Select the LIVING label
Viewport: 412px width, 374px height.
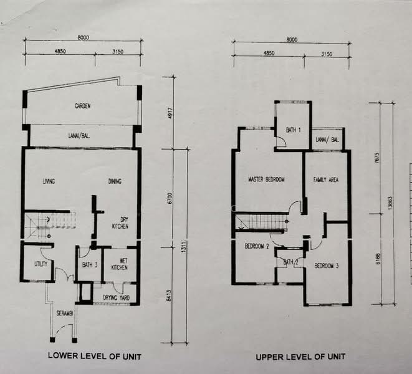(x=49, y=182)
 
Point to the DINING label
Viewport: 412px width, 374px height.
(x=114, y=182)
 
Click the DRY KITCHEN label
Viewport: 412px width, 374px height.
(x=120, y=223)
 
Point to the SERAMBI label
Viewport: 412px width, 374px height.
(x=64, y=312)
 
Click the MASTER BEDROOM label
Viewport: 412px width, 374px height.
(x=266, y=180)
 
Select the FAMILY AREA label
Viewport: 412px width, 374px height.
(x=325, y=180)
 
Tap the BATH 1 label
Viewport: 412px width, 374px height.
(x=293, y=130)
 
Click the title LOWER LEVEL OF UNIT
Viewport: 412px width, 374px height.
(x=94, y=357)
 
